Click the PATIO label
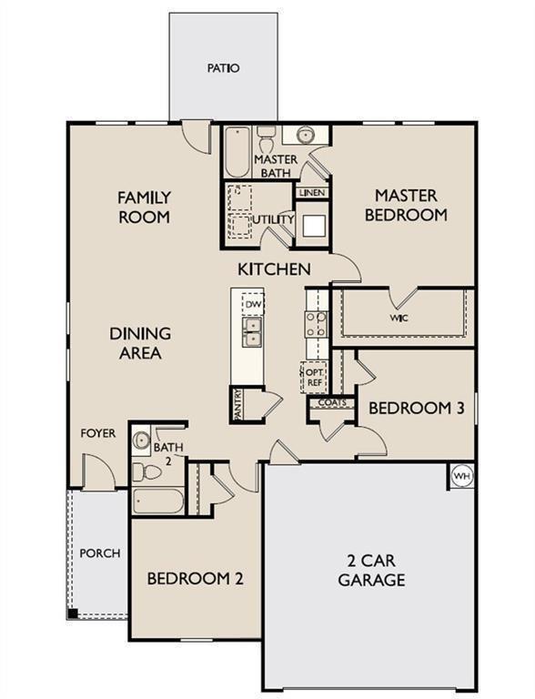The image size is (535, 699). (223, 68)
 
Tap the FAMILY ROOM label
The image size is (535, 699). (144, 207)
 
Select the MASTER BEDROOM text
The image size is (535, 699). (406, 206)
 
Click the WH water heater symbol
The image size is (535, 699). (461, 476)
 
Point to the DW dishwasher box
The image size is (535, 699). (253, 303)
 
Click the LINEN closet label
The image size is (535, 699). (311, 192)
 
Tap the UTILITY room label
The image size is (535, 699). (273, 219)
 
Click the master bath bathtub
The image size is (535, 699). (237, 153)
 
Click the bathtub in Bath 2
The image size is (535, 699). (158, 501)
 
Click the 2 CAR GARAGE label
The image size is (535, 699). (371, 571)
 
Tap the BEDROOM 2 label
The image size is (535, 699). (195, 578)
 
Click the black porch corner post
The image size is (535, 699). (73, 613)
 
